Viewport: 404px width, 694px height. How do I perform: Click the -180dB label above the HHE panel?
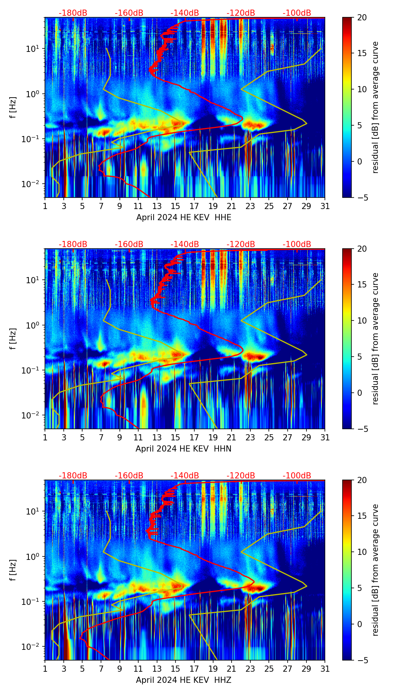tap(73, 13)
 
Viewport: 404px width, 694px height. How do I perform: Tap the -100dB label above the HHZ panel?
tap(297, 476)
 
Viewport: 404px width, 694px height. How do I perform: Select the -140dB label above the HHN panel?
tap(185, 244)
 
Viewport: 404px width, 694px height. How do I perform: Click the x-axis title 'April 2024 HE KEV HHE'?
tap(184, 217)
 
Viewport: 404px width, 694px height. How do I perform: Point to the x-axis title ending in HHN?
tap(184, 449)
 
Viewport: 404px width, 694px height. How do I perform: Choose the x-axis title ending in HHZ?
tap(184, 680)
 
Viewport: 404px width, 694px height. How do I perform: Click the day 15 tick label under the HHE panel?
tap(176, 206)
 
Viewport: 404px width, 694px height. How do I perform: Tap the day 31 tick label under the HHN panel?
tap(325, 438)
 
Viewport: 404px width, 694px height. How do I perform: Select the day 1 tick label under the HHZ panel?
tap(45, 669)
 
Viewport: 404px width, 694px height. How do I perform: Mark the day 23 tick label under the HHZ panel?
tap(250, 669)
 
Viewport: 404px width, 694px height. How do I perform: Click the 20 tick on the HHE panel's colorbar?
tap(362, 17)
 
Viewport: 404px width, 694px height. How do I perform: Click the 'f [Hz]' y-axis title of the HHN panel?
tap(13, 339)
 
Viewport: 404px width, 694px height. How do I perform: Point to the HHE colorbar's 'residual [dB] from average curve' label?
tap(376, 107)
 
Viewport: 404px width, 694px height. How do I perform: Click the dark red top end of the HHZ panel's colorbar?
tap(347, 481)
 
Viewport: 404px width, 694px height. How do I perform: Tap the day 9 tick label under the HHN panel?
tap(120, 438)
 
